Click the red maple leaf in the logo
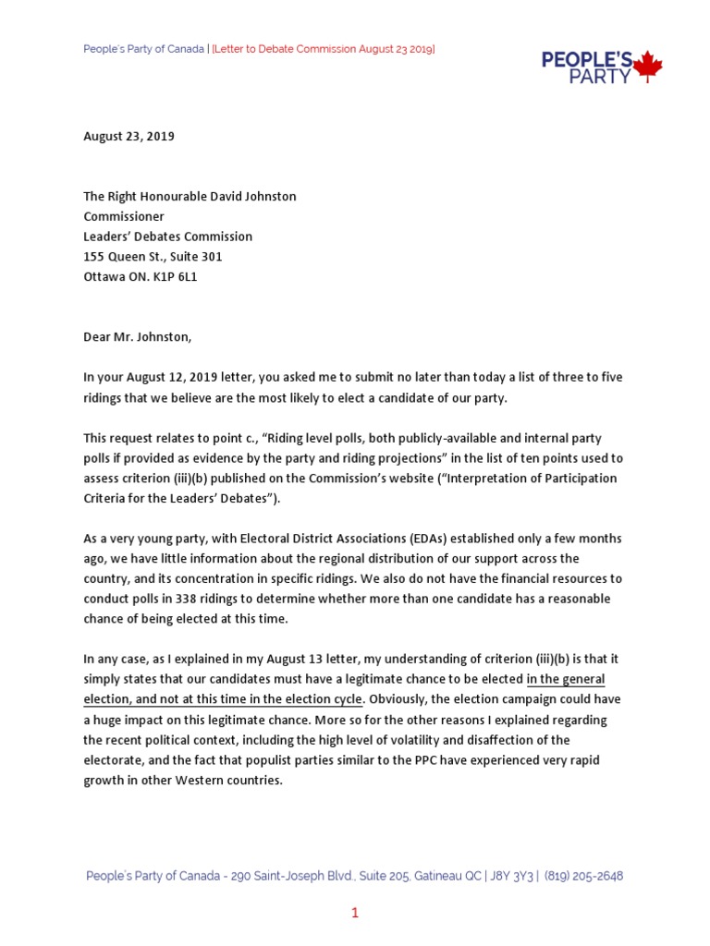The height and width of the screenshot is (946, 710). click(x=649, y=67)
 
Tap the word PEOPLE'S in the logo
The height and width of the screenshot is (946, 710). click(x=586, y=60)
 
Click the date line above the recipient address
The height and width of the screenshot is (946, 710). click(x=129, y=137)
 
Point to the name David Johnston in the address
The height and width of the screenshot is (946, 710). click(x=252, y=197)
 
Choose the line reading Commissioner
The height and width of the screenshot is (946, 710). click(x=124, y=217)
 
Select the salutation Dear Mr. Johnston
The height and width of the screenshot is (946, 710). click(x=138, y=337)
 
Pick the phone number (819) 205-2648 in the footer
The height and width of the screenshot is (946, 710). click(x=583, y=876)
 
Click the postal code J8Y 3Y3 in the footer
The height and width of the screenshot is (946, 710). click(x=505, y=876)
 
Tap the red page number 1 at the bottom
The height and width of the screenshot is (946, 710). click(x=354, y=914)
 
